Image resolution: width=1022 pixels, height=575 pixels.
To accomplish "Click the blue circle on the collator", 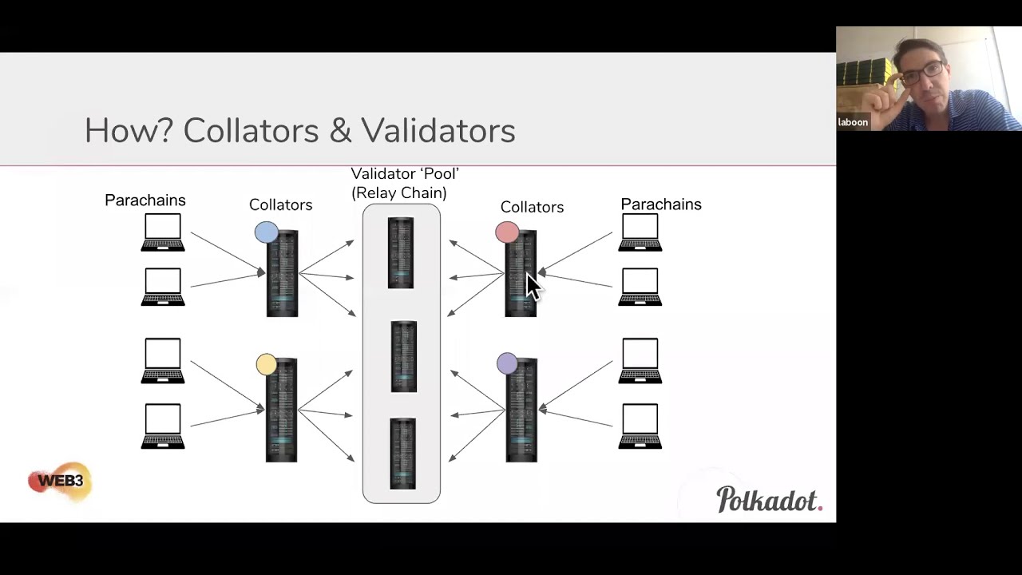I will point(267,232).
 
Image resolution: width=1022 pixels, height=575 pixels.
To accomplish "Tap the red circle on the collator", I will point(507,232).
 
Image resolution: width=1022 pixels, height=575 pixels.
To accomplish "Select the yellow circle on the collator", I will point(267,365).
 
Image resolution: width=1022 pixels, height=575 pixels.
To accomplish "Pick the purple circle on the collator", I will point(507,364).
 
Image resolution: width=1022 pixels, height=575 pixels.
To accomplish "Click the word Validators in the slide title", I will point(438,131).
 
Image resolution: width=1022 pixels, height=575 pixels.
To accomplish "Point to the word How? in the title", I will point(129,131).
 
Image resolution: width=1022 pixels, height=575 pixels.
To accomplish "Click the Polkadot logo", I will point(768,499).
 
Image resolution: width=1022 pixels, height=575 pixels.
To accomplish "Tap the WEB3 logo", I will point(60,482).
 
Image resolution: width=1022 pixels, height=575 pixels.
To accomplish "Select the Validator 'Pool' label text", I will point(405,174).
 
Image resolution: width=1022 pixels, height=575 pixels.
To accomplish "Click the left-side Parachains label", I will point(145,200).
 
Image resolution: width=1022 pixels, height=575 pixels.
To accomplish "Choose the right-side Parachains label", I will point(661,204).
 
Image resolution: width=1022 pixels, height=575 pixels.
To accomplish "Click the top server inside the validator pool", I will point(401,252).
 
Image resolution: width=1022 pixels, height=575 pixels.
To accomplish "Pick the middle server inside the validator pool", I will point(404,356).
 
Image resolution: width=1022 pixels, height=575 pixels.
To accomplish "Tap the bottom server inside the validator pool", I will point(402,454).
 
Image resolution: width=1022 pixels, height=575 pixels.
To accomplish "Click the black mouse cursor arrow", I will point(532,286).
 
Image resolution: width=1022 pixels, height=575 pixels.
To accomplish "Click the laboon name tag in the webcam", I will point(853,122).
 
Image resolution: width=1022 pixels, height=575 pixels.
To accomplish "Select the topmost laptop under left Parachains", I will point(163,232).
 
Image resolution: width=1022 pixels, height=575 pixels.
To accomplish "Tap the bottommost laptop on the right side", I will point(640,426).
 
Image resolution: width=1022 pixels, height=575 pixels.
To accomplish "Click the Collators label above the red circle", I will point(532,208).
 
